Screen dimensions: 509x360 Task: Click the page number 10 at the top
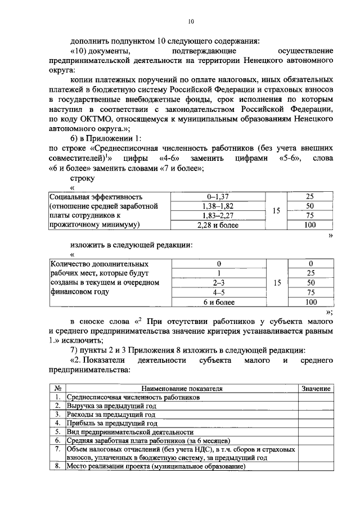(191, 21)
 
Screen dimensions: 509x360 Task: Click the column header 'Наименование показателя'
(182, 389)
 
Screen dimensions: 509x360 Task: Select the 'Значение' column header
(316, 389)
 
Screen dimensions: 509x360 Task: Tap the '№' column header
(57, 389)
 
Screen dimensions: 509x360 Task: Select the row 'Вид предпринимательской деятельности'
(129, 431)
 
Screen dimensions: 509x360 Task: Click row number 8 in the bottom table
(57, 466)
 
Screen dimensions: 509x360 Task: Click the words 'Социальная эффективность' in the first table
(95, 197)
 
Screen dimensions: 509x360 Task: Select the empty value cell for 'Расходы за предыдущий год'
(316, 414)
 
